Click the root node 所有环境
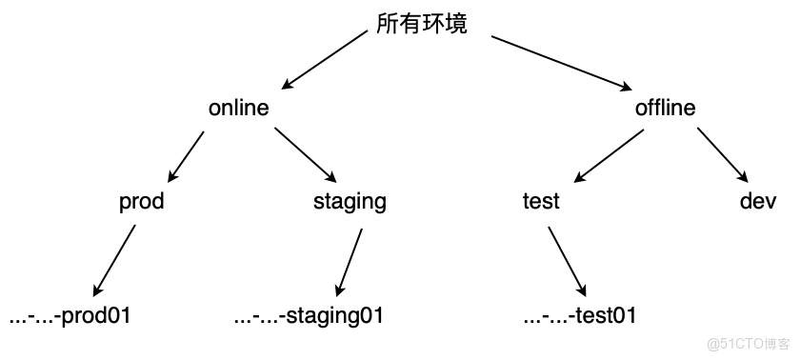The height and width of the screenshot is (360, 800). click(x=422, y=25)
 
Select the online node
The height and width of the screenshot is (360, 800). click(x=238, y=108)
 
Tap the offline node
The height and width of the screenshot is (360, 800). click(x=665, y=108)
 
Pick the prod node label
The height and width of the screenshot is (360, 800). click(x=141, y=201)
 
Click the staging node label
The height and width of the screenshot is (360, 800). click(x=350, y=201)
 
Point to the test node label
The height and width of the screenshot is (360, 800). click(x=541, y=201)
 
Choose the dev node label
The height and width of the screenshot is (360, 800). click(x=759, y=201)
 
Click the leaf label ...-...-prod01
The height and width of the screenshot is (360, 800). click(x=69, y=315)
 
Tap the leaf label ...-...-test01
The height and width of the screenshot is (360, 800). click(x=579, y=315)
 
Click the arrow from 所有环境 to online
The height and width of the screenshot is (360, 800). click(x=324, y=59)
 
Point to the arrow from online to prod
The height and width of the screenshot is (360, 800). click(x=187, y=154)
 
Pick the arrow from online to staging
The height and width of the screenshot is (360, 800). click(x=305, y=154)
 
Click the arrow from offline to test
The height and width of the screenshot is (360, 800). click(x=610, y=154)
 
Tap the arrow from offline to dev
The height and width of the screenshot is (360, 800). click(x=722, y=154)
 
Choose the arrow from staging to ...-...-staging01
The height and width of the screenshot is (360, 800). click(x=350, y=259)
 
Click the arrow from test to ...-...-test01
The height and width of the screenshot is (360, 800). click(x=564, y=259)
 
